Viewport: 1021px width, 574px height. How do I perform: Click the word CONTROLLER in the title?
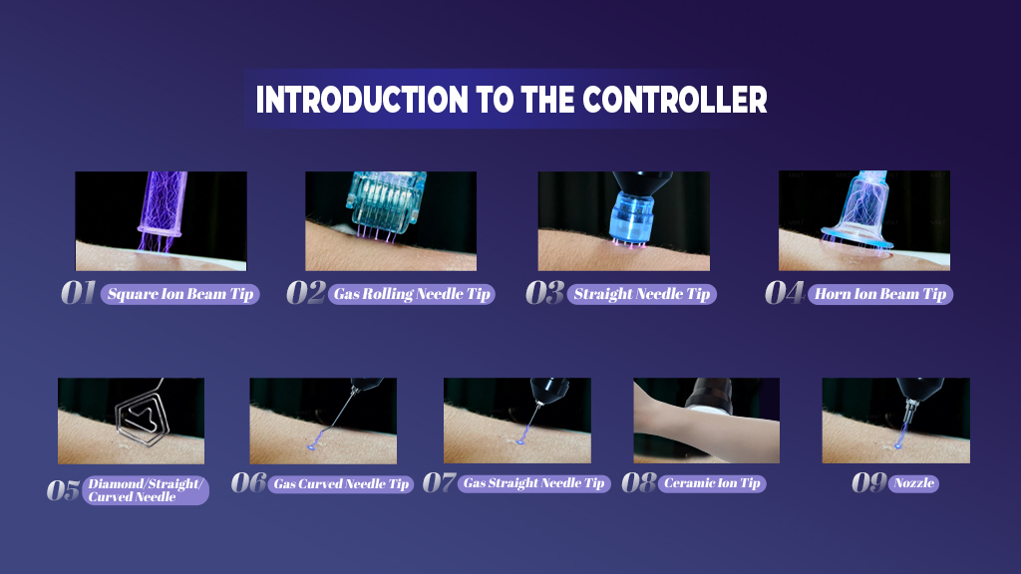pos(675,100)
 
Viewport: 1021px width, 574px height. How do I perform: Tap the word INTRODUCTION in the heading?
pos(362,100)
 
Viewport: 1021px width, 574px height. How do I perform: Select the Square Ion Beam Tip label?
pos(180,294)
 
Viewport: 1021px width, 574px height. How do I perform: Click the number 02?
pos(306,293)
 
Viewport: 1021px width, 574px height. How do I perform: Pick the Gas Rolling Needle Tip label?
pos(412,294)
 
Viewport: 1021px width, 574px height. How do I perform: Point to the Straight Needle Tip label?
pos(642,294)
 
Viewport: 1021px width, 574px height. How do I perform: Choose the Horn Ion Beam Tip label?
pos(880,294)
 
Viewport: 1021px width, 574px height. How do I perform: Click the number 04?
pos(785,293)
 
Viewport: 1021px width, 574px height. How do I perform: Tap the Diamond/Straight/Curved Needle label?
pos(146,490)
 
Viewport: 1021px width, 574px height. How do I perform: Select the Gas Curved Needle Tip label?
pos(341,484)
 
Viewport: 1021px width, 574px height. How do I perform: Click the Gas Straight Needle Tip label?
pos(534,483)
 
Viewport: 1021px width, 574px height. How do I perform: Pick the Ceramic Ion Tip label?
pos(712,483)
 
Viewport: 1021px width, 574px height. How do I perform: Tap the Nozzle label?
pos(913,483)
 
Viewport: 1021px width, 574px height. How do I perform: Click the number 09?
pos(869,483)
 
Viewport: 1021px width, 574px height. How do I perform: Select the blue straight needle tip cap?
pos(631,218)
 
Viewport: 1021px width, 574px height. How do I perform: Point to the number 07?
pos(440,483)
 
